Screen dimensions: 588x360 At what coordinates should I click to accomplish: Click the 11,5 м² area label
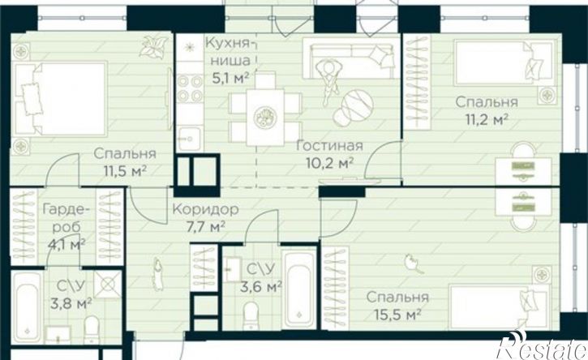125,171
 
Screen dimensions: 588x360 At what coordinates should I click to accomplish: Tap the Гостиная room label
329,145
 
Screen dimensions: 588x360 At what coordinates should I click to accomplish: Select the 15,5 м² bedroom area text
397,315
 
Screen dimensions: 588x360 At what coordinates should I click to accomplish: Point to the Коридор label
205,209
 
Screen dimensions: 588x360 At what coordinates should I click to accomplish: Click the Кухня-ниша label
228,50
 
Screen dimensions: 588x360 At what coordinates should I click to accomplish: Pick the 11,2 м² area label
487,120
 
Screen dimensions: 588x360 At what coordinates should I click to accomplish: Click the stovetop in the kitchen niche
190,88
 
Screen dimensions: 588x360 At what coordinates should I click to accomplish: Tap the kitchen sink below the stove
190,139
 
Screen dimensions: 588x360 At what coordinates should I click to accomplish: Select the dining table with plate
265,117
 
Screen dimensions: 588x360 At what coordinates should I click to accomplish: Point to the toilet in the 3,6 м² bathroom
251,315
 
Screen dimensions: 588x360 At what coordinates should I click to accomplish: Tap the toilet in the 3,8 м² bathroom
91,330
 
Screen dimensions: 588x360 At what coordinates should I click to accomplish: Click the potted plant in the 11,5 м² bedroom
154,47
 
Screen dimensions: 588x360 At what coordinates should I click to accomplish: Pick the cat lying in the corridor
158,272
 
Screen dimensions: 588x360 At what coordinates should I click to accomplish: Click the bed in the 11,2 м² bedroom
504,62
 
